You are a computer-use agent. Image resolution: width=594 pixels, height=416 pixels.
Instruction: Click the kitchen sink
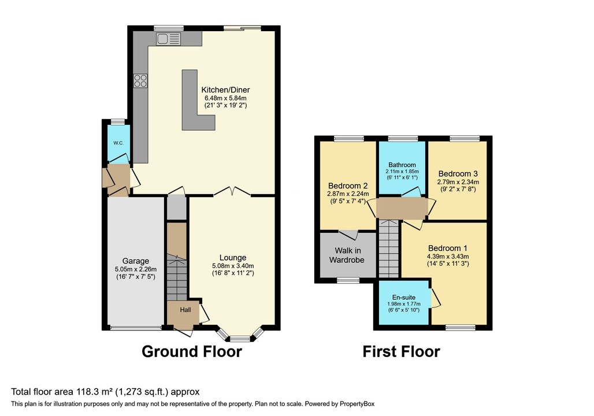(x=169, y=39)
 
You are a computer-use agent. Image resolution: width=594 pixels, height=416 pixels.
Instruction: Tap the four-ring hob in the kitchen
(x=140, y=81)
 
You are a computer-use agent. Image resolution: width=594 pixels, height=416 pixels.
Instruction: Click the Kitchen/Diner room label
(x=225, y=90)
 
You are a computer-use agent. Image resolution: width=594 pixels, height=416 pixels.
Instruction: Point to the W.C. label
(x=118, y=143)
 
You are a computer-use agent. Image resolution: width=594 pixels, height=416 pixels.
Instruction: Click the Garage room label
(x=136, y=261)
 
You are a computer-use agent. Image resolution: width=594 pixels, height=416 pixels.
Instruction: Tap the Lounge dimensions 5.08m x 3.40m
(x=233, y=266)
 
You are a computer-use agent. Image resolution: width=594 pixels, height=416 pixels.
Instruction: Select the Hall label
(x=185, y=310)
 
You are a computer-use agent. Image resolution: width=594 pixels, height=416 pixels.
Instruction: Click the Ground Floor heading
(x=192, y=352)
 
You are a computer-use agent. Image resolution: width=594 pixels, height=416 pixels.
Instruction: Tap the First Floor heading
(x=401, y=352)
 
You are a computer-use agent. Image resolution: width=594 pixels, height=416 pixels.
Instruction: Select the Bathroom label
(x=402, y=165)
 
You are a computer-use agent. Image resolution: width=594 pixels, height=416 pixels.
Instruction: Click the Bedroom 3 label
(x=458, y=174)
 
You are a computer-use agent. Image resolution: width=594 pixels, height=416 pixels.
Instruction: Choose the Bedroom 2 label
(x=348, y=185)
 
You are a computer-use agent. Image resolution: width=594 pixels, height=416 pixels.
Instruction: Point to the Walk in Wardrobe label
(x=347, y=255)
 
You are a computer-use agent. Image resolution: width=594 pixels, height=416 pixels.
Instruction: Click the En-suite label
(x=404, y=298)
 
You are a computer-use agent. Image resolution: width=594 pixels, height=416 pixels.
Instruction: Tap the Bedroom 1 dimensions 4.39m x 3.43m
(x=448, y=257)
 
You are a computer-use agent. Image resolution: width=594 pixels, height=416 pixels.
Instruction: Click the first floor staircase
(x=389, y=249)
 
